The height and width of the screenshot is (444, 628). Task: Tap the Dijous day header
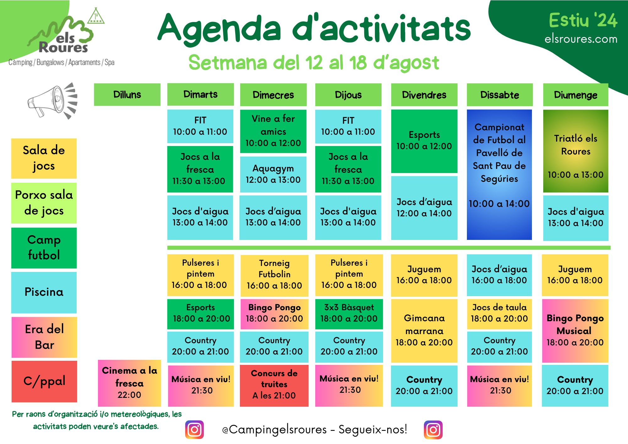click(348, 95)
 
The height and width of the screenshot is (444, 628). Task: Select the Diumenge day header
click(576, 95)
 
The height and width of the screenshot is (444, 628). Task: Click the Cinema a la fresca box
click(129, 383)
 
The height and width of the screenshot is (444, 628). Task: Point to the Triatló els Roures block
click(576, 151)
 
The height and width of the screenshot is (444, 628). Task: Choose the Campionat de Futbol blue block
click(499, 175)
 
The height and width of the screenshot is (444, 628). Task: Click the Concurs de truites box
click(274, 386)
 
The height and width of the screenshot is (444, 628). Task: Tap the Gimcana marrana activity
click(424, 331)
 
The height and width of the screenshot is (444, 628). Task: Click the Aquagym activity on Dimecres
click(273, 174)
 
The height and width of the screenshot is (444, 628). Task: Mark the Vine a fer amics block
click(273, 131)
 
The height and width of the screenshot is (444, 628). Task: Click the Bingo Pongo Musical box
click(575, 331)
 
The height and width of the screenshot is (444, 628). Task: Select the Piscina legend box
click(44, 292)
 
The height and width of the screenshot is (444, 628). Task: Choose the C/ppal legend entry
click(44, 381)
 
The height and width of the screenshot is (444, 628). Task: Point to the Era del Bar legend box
click(44, 337)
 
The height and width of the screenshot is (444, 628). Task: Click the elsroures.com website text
click(581, 39)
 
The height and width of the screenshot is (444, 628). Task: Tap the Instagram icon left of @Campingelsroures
click(194, 430)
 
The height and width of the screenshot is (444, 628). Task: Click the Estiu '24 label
click(583, 20)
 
